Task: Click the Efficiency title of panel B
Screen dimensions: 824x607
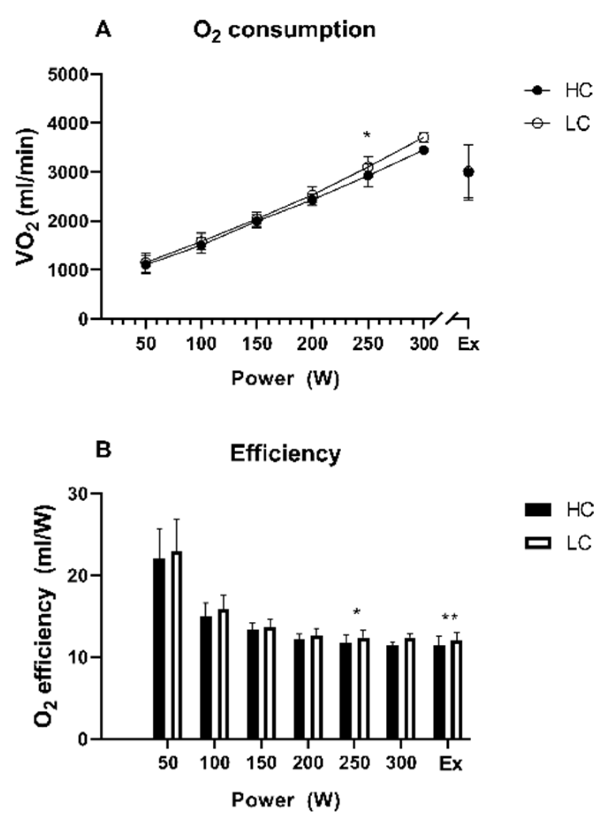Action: pos(285,454)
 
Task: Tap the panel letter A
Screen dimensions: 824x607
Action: pos(103,30)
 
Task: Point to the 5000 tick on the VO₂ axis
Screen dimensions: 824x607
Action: pos(73,74)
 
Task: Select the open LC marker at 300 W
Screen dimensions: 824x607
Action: pos(424,137)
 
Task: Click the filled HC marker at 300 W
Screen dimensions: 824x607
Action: pos(424,151)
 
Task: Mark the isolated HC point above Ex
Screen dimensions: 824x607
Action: pos(468,172)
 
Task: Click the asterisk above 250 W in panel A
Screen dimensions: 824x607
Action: pos(367,135)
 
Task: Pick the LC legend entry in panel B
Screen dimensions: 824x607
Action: pos(558,543)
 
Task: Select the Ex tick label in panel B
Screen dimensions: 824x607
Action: pos(451,763)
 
